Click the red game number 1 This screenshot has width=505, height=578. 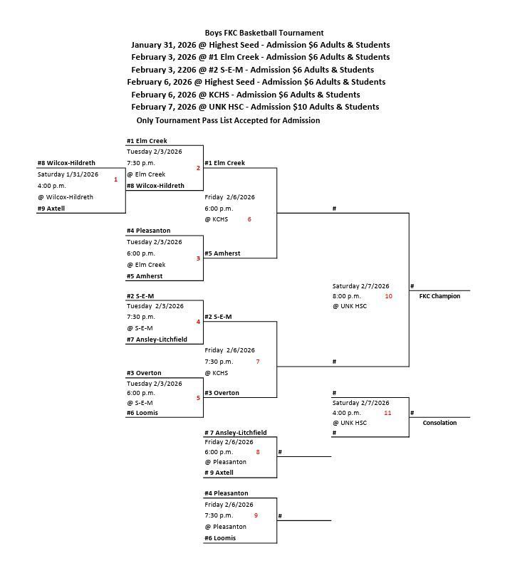(x=115, y=179)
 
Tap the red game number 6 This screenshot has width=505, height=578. (x=249, y=219)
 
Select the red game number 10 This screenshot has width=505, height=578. (x=388, y=295)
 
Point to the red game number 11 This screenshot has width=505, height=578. (x=388, y=412)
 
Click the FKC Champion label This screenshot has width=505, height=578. (x=439, y=296)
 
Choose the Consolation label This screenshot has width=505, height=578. (x=439, y=423)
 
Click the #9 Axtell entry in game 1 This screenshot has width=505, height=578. (x=51, y=209)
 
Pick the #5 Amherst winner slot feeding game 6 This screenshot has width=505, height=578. (x=222, y=253)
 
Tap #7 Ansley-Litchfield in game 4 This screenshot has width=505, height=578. (x=157, y=340)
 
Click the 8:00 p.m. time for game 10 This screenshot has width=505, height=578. (x=346, y=295)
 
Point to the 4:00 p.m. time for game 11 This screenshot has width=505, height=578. (x=346, y=412)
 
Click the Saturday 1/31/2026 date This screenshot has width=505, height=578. (x=68, y=174)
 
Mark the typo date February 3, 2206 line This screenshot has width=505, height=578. (x=252, y=70)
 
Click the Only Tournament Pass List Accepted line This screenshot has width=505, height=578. (x=228, y=120)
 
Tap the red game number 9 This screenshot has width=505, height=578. (x=255, y=515)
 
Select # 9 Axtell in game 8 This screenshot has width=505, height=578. (x=219, y=473)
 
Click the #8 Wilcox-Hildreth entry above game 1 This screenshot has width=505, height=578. (x=66, y=163)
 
